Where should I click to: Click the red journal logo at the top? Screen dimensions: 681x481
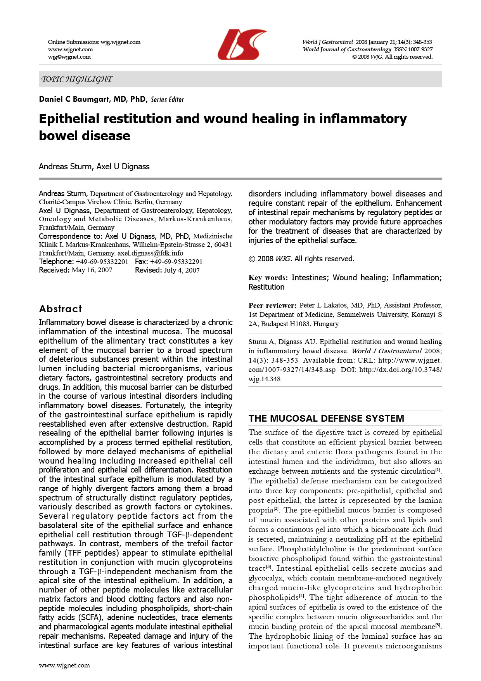click(241, 44)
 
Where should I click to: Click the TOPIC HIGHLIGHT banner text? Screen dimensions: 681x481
click(77, 79)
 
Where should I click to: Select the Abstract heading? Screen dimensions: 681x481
click(61, 309)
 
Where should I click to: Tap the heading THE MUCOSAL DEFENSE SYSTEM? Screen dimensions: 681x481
click(326, 419)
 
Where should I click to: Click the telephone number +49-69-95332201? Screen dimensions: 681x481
click(102, 262)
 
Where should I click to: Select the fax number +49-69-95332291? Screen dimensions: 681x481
click(176, 262)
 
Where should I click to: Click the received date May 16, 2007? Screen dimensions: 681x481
click(92, 270)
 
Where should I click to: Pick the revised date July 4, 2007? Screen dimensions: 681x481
click(182, 270)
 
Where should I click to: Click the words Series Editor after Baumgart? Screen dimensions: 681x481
click(167, 100)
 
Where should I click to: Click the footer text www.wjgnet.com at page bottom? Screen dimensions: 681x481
click(64, 665)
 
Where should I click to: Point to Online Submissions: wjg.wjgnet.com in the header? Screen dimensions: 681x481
click(94, 42)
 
